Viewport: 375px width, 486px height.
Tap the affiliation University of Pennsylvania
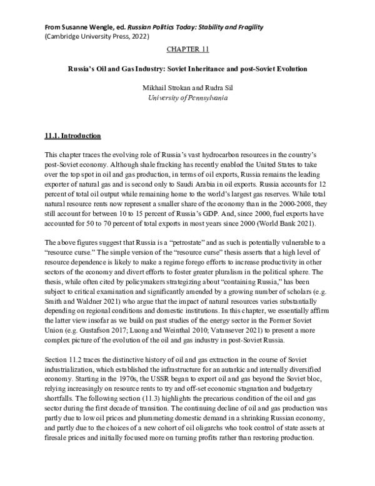pyautogui.click(x=187, y=98)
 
